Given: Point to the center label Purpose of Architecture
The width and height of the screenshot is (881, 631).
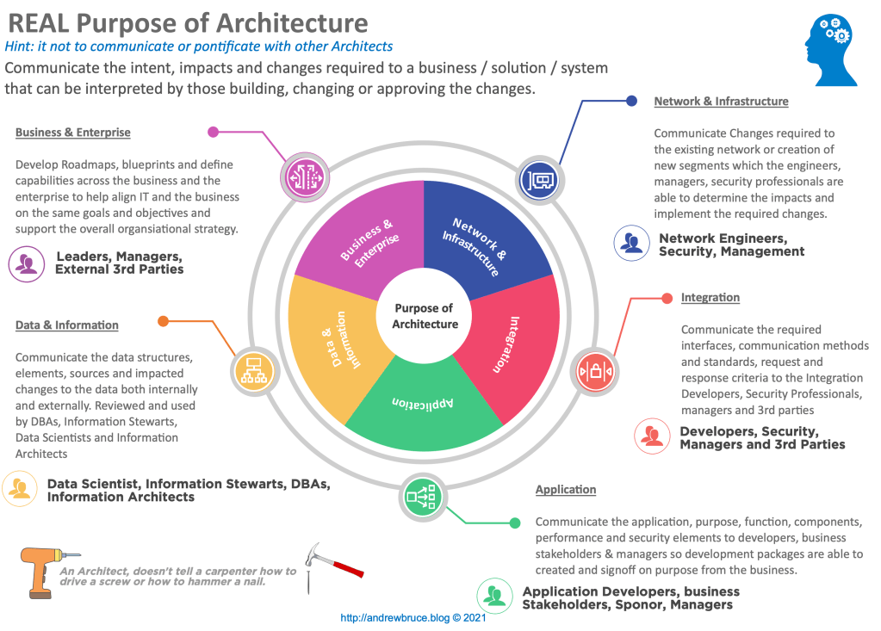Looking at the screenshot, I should click(x=424, y=316).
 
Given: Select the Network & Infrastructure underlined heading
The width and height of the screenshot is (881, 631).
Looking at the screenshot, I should click(x=721, y=102).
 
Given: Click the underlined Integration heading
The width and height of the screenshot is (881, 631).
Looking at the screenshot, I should click(x=710, y=298).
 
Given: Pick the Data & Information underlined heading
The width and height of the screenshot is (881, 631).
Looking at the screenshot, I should click(x=67, y=325).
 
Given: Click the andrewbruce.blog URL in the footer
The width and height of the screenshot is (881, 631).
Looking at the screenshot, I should click(x=414, y=617).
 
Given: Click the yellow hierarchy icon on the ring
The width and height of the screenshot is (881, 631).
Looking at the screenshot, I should click(x=254, y=371).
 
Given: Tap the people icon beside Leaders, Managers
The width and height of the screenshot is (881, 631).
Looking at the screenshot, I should click(x=28, y=263).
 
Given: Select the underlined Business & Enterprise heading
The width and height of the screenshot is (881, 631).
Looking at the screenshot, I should click(x=73, y=133).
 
